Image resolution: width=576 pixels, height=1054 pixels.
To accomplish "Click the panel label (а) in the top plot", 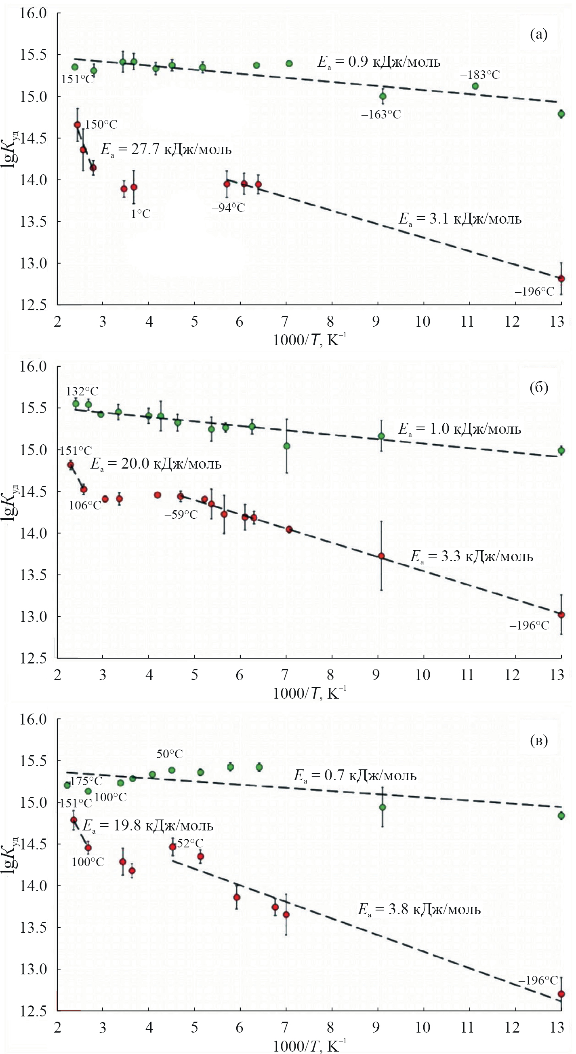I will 538,34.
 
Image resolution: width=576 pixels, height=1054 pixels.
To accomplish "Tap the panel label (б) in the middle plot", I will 538,387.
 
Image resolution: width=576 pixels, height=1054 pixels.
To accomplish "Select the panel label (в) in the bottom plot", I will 538,740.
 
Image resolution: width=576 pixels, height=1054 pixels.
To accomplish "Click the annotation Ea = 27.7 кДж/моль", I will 166,150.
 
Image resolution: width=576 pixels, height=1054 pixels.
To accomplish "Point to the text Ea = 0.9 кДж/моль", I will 379,62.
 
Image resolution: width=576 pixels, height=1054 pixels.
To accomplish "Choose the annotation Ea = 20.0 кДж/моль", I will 156,464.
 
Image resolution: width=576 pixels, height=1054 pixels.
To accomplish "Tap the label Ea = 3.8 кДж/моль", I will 419,909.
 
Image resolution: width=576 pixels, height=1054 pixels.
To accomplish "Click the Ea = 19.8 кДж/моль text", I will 148,826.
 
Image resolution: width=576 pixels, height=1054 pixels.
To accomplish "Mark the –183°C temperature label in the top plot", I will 479,75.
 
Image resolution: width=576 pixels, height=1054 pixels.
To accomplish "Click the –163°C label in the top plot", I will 380,114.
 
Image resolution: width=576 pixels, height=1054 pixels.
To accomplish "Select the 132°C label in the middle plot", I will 82,392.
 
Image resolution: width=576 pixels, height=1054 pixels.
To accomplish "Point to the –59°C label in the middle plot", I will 181,514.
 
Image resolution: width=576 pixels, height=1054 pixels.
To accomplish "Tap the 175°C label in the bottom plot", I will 86,781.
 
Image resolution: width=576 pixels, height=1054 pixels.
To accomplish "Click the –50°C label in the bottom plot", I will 166,754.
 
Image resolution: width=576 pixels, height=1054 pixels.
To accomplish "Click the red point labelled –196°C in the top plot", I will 561,279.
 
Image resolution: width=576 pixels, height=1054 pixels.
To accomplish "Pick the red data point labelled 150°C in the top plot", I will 77,125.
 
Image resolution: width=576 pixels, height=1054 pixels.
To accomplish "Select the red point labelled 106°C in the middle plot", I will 83,489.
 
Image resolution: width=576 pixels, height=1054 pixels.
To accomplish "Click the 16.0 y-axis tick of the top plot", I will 33,13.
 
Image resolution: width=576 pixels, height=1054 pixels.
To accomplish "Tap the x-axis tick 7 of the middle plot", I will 284,675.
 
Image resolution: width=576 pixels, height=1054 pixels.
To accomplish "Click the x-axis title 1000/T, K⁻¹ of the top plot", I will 309,340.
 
